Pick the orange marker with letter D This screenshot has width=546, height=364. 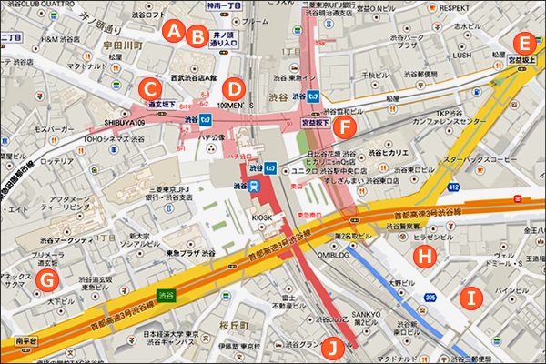[x=234, y=88]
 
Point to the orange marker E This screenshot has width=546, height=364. [x=522, y=42]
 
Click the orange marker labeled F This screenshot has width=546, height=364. [x=342, y=126]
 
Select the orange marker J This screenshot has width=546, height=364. [x=336, y=345]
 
